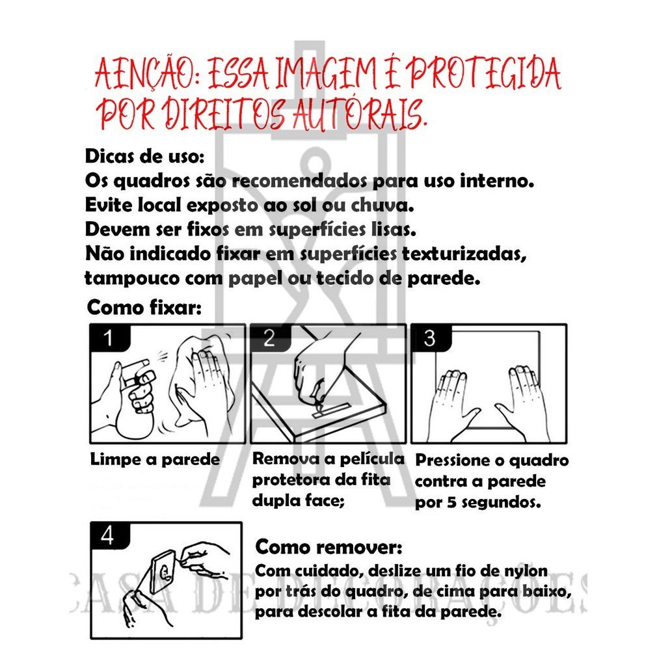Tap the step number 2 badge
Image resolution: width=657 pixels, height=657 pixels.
270,338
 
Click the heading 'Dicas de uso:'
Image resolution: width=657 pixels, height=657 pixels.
144,156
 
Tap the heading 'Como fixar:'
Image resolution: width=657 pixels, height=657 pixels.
144,308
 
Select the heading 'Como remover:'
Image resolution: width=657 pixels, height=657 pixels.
329,547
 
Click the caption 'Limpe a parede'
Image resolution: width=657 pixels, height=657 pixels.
155,460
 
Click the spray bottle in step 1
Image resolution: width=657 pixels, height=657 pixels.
132,398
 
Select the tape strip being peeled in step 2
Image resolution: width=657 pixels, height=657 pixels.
331,410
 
